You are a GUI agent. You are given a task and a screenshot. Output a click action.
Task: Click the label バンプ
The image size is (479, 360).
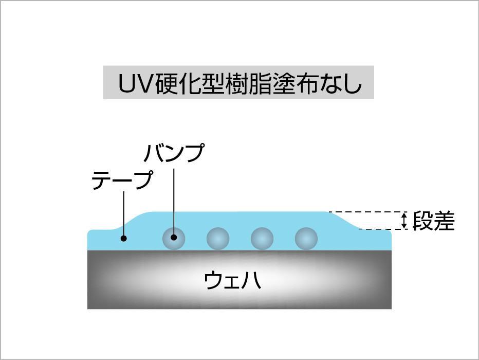(173, 153)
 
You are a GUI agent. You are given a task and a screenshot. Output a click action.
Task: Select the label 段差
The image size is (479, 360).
(434, 221)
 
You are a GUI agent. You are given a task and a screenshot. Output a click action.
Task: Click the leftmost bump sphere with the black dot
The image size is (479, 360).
(174, 238)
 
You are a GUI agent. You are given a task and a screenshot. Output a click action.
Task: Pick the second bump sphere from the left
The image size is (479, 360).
(218, 238)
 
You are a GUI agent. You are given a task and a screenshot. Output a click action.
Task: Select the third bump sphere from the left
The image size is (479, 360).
(262, 238)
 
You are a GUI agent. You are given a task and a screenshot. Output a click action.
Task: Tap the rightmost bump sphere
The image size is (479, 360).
(306, 238)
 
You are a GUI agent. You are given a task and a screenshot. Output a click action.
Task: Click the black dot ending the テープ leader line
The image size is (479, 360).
(123, 238)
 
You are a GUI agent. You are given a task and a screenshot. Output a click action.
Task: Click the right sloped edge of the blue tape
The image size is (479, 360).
(345, 220)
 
